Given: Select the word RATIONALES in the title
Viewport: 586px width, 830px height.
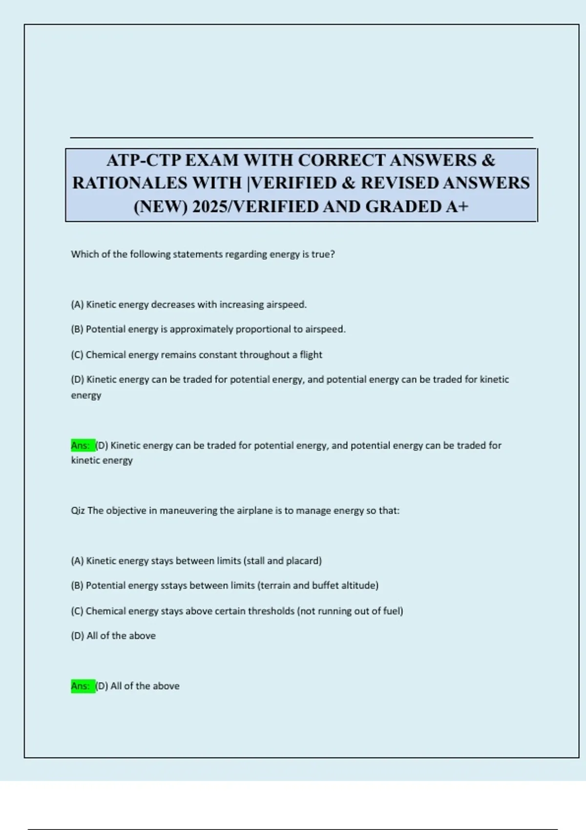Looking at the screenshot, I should (130, 183).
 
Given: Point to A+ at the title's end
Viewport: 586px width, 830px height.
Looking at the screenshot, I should (457, 207).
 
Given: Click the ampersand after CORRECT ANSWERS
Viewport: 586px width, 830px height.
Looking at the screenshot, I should (488, 160).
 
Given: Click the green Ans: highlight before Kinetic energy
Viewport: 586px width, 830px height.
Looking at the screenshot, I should (82, 445).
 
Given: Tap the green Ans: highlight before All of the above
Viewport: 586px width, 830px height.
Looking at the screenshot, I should (82, 686).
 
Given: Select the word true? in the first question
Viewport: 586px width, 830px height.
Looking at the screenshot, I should (323, 254).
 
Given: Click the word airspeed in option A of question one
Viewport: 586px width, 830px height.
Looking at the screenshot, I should (286, 305).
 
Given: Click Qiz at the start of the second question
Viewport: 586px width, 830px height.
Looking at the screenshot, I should (78, 511).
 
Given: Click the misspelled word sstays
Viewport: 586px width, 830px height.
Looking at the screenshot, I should (174, 585).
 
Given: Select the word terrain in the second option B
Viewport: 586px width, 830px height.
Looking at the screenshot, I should (275, 585).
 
